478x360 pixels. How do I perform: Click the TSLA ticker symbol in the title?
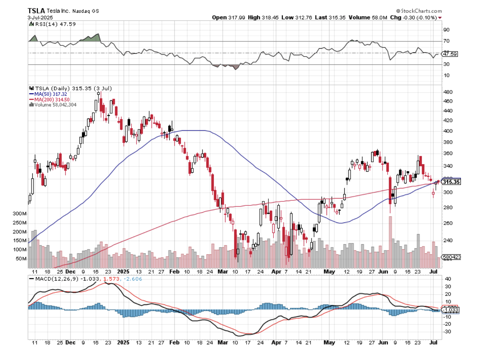(x=36, y=11)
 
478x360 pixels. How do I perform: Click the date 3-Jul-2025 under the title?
(x=40, y=17)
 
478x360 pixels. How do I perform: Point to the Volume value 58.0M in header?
(x=379, y=17)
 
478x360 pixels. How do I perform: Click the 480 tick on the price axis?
(x=447, y=92)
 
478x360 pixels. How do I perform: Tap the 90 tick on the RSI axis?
(x=446, y=30)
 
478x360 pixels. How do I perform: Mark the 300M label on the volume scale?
(x=20, y=214)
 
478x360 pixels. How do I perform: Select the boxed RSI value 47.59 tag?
(x=450, y=54)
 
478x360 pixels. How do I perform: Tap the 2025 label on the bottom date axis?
(x=123, y=342)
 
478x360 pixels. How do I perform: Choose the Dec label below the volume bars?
(x=70, y=271)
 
